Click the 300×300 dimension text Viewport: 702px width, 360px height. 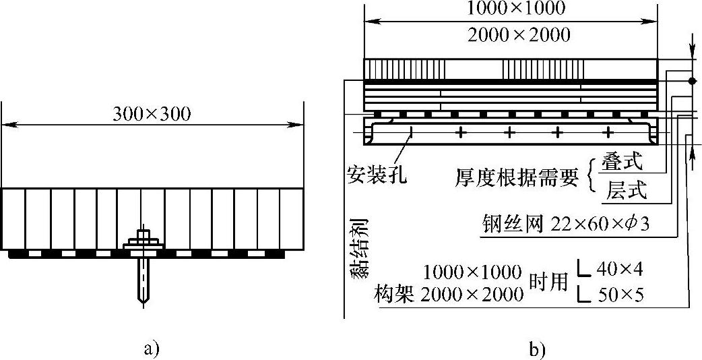point(152,114)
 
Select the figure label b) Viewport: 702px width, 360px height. point(538,349)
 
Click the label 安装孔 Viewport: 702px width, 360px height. point(377,175)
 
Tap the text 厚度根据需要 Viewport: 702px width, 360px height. point(516,178)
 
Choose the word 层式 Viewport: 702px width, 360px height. point(626,191)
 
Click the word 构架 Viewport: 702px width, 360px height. point(396,295)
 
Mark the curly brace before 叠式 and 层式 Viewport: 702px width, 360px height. point(593,177)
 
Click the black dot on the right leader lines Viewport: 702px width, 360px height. point(692,80)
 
